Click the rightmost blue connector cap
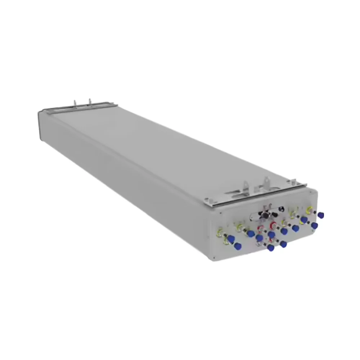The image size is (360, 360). point(321,215)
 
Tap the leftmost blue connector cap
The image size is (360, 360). point(228,238)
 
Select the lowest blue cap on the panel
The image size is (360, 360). point(271,248)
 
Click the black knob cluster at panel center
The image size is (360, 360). point(266,215)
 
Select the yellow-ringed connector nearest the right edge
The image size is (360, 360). point(309,210)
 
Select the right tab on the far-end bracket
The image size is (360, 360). point(89,101)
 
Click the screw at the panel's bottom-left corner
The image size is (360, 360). point(213,258)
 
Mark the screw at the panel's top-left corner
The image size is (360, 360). point(213,213)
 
